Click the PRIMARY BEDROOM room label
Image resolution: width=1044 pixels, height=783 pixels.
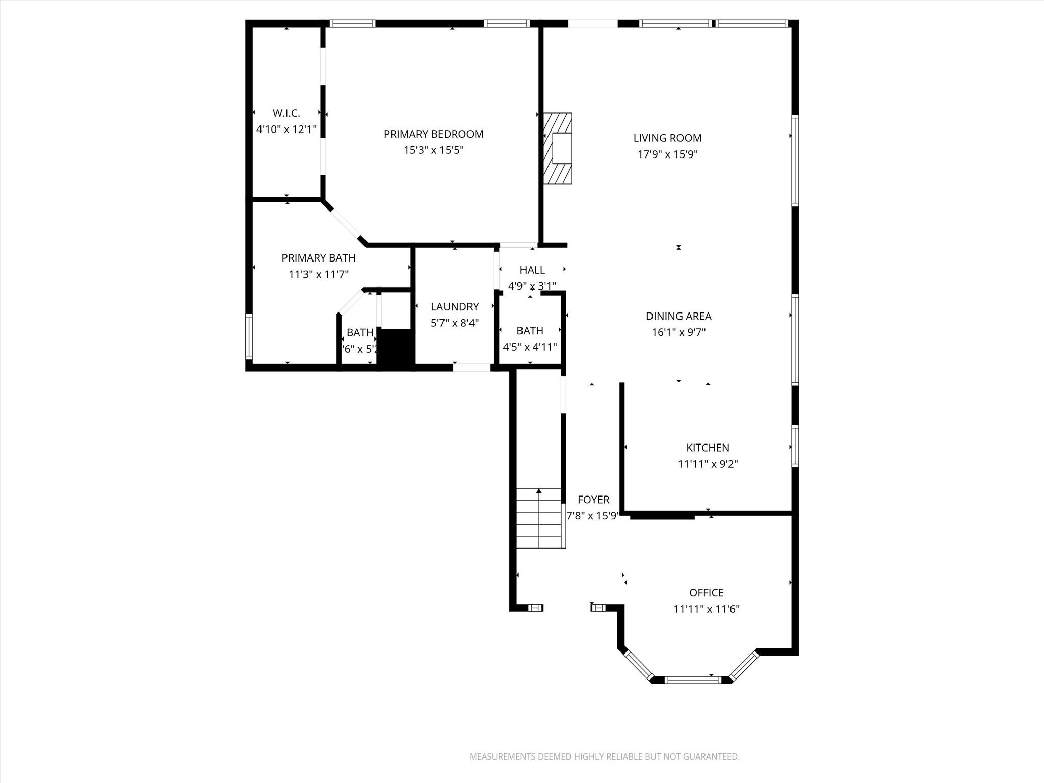pyautogui.click(x=433, y=134)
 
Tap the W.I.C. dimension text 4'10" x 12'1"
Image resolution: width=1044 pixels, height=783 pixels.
pyautogui.click(x=286, y=129)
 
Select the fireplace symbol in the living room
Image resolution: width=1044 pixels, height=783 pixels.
pyautogui.click(x=558, y=148)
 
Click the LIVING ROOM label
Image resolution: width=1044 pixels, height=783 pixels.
pyautogui.click(x=667, y=138)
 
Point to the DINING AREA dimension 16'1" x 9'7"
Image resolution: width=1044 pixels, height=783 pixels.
pyautogui.click(x=678, y=332)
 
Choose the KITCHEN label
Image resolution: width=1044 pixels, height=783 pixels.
pyautogui.click(x=708, y=448)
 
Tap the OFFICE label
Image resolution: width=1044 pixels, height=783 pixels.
pyautogui.click(x=706, y=592)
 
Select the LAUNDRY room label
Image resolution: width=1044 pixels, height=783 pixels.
pyautogui.click(x=454, y=307)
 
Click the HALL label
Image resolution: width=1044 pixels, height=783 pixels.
pyautogui.click(x=532, y=270)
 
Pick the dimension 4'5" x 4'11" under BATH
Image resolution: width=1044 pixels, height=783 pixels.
pyautogui.click(x=530, y=347)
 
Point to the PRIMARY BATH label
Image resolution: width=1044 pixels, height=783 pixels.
pyautogui.click(x=318, y=258)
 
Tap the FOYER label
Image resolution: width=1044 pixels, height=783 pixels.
pyautogui.click(x=593, y=500)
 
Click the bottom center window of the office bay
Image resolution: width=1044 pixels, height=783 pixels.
pyautogui.click(x=693, y=680)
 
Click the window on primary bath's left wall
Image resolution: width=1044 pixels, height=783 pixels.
pyautogui.click(x=249, y=336)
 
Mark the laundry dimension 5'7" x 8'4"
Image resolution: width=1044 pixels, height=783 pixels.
pyautogui.click(x=454, y=323)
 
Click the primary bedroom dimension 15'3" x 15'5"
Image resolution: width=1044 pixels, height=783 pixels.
pyautogui.click(x=433, y=150)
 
